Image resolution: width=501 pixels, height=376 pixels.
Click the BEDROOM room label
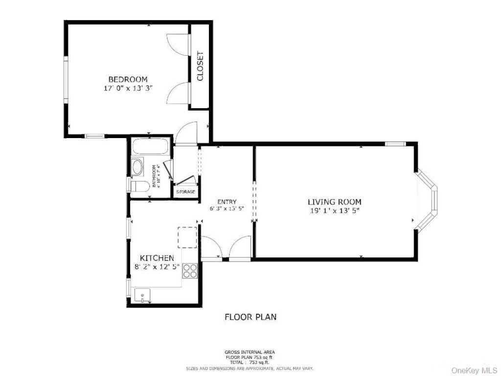(128, 79)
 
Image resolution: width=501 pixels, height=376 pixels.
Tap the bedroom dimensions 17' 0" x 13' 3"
(128, 89)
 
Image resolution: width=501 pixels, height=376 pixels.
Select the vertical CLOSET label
(200, 66)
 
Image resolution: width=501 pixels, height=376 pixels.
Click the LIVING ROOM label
(335, 202)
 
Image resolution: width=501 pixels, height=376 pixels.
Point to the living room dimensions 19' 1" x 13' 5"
(335, 211)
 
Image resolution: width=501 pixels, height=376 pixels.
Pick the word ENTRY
(227, 202)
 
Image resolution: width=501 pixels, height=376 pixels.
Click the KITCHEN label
(157, 258)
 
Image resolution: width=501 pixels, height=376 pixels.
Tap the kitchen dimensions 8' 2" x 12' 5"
(157, 267)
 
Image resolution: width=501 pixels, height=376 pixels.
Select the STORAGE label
(186, 192)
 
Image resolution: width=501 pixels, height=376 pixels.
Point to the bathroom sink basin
(138, 167)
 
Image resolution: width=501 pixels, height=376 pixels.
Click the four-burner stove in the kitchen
(190, 271)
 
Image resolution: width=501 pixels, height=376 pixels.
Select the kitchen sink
(142, 296)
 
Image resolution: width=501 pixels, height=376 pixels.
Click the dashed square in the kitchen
(187, 237)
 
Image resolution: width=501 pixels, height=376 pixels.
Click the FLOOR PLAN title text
(250, 317)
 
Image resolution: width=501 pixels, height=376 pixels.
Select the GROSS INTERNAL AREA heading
(250, 352)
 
